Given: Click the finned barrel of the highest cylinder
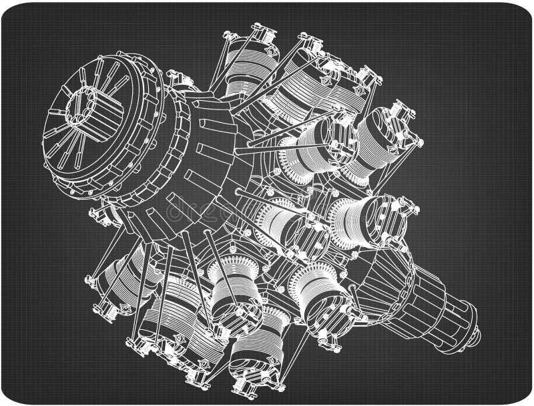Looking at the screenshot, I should point(244,73).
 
